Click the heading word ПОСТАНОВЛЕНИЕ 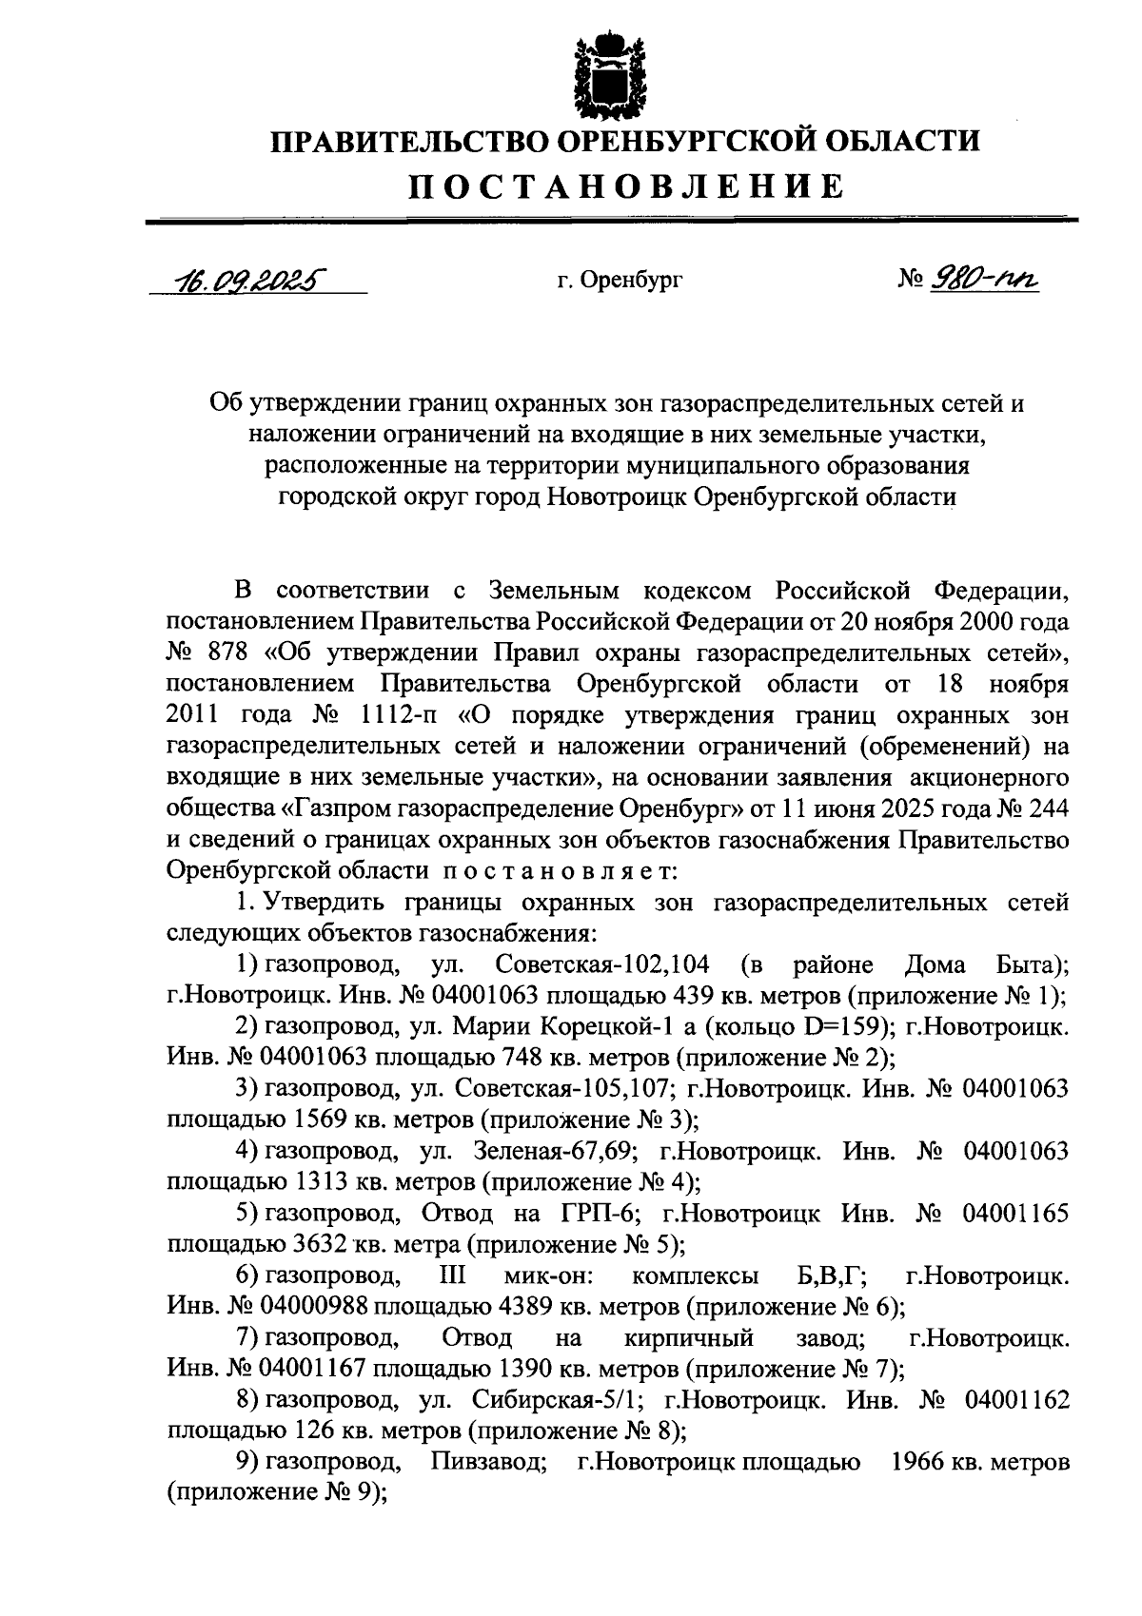(626, 185)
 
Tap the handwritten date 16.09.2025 (246, 281)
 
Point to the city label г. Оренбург (620, 281)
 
